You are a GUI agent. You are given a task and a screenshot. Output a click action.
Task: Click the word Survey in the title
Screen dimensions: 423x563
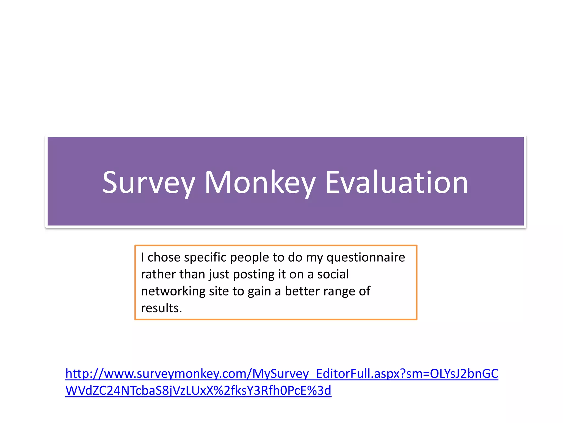149,183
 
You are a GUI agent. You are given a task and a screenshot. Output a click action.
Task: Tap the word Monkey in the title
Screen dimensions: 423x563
260,183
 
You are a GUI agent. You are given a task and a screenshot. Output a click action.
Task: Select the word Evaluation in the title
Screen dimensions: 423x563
396,183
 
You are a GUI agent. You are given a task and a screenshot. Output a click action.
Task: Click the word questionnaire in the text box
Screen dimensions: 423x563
366,257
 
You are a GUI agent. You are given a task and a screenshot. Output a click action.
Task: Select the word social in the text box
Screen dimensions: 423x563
333,275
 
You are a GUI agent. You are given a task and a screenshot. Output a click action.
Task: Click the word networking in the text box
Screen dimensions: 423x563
173,291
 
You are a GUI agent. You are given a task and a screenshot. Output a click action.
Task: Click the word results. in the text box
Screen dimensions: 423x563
161,308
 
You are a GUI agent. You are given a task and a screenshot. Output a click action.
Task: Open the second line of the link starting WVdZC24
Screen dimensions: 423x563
198,391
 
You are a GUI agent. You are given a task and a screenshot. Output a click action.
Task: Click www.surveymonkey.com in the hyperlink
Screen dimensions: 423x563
175,374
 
